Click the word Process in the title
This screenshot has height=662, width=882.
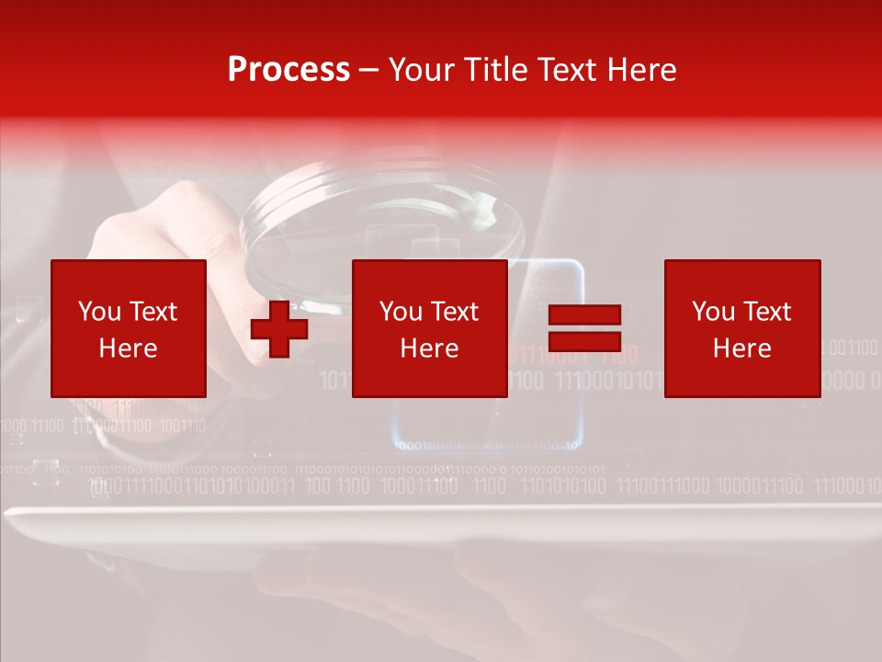click(x=288, y=70)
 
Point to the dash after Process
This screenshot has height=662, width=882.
click(x=368, y=71)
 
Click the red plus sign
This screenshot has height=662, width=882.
click(x=278, y=329)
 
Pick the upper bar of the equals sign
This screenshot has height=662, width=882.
click(x=584, y=315)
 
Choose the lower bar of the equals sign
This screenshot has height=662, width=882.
click(x=584, y=340)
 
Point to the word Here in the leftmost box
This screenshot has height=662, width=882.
click(x=129, y=348)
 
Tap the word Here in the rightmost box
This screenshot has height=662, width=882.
click(x=742, y=348)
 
